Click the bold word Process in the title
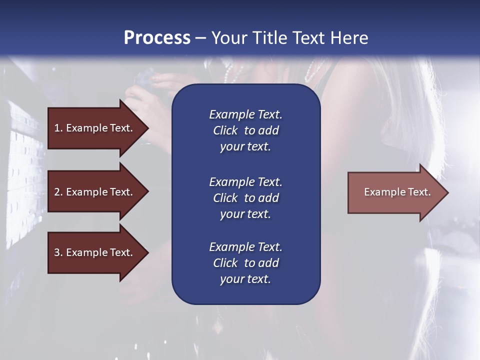pos(157,38)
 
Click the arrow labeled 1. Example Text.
pos(95,128)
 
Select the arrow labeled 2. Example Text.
pos(95,192)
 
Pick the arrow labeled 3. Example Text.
pos(95,252)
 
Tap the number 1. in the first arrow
pos(58,128)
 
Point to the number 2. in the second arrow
pos(58,192)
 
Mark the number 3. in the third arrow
pos(58,252)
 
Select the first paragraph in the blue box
pos(245,130)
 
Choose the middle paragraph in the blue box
pos(245,198)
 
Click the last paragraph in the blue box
pos(245,263)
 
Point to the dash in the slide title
pos(200,38)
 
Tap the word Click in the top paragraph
pos(225,130)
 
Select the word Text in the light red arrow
pos(419,192)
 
